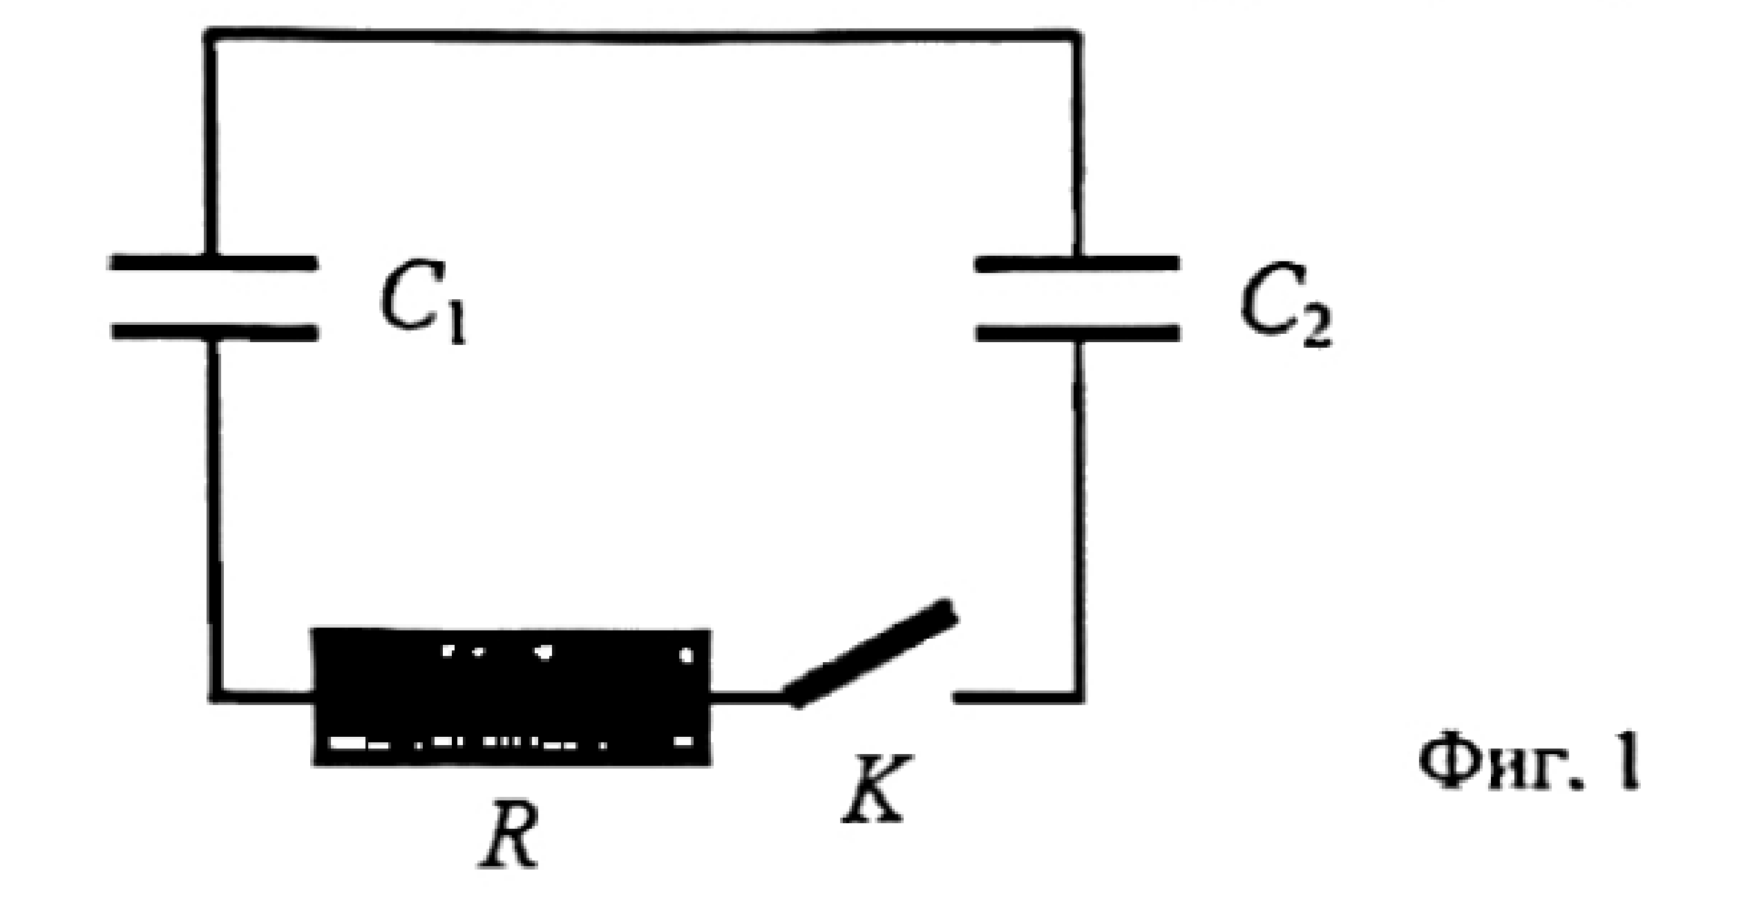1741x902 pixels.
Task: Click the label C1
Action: click(x=424, y=304)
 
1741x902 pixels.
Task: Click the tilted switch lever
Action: click(x=869, y=653)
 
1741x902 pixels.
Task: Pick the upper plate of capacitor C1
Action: click(x=213, y=263)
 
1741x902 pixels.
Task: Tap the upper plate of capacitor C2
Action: click(x=1077, y=263)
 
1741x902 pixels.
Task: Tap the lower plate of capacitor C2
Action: click(x=1077, y=332)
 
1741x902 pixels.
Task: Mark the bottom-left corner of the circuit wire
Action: click(x=216, y=697)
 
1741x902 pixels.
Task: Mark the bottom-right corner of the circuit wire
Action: click(x=1078, y=697)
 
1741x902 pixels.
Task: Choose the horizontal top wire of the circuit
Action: click(x=643, y=35)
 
